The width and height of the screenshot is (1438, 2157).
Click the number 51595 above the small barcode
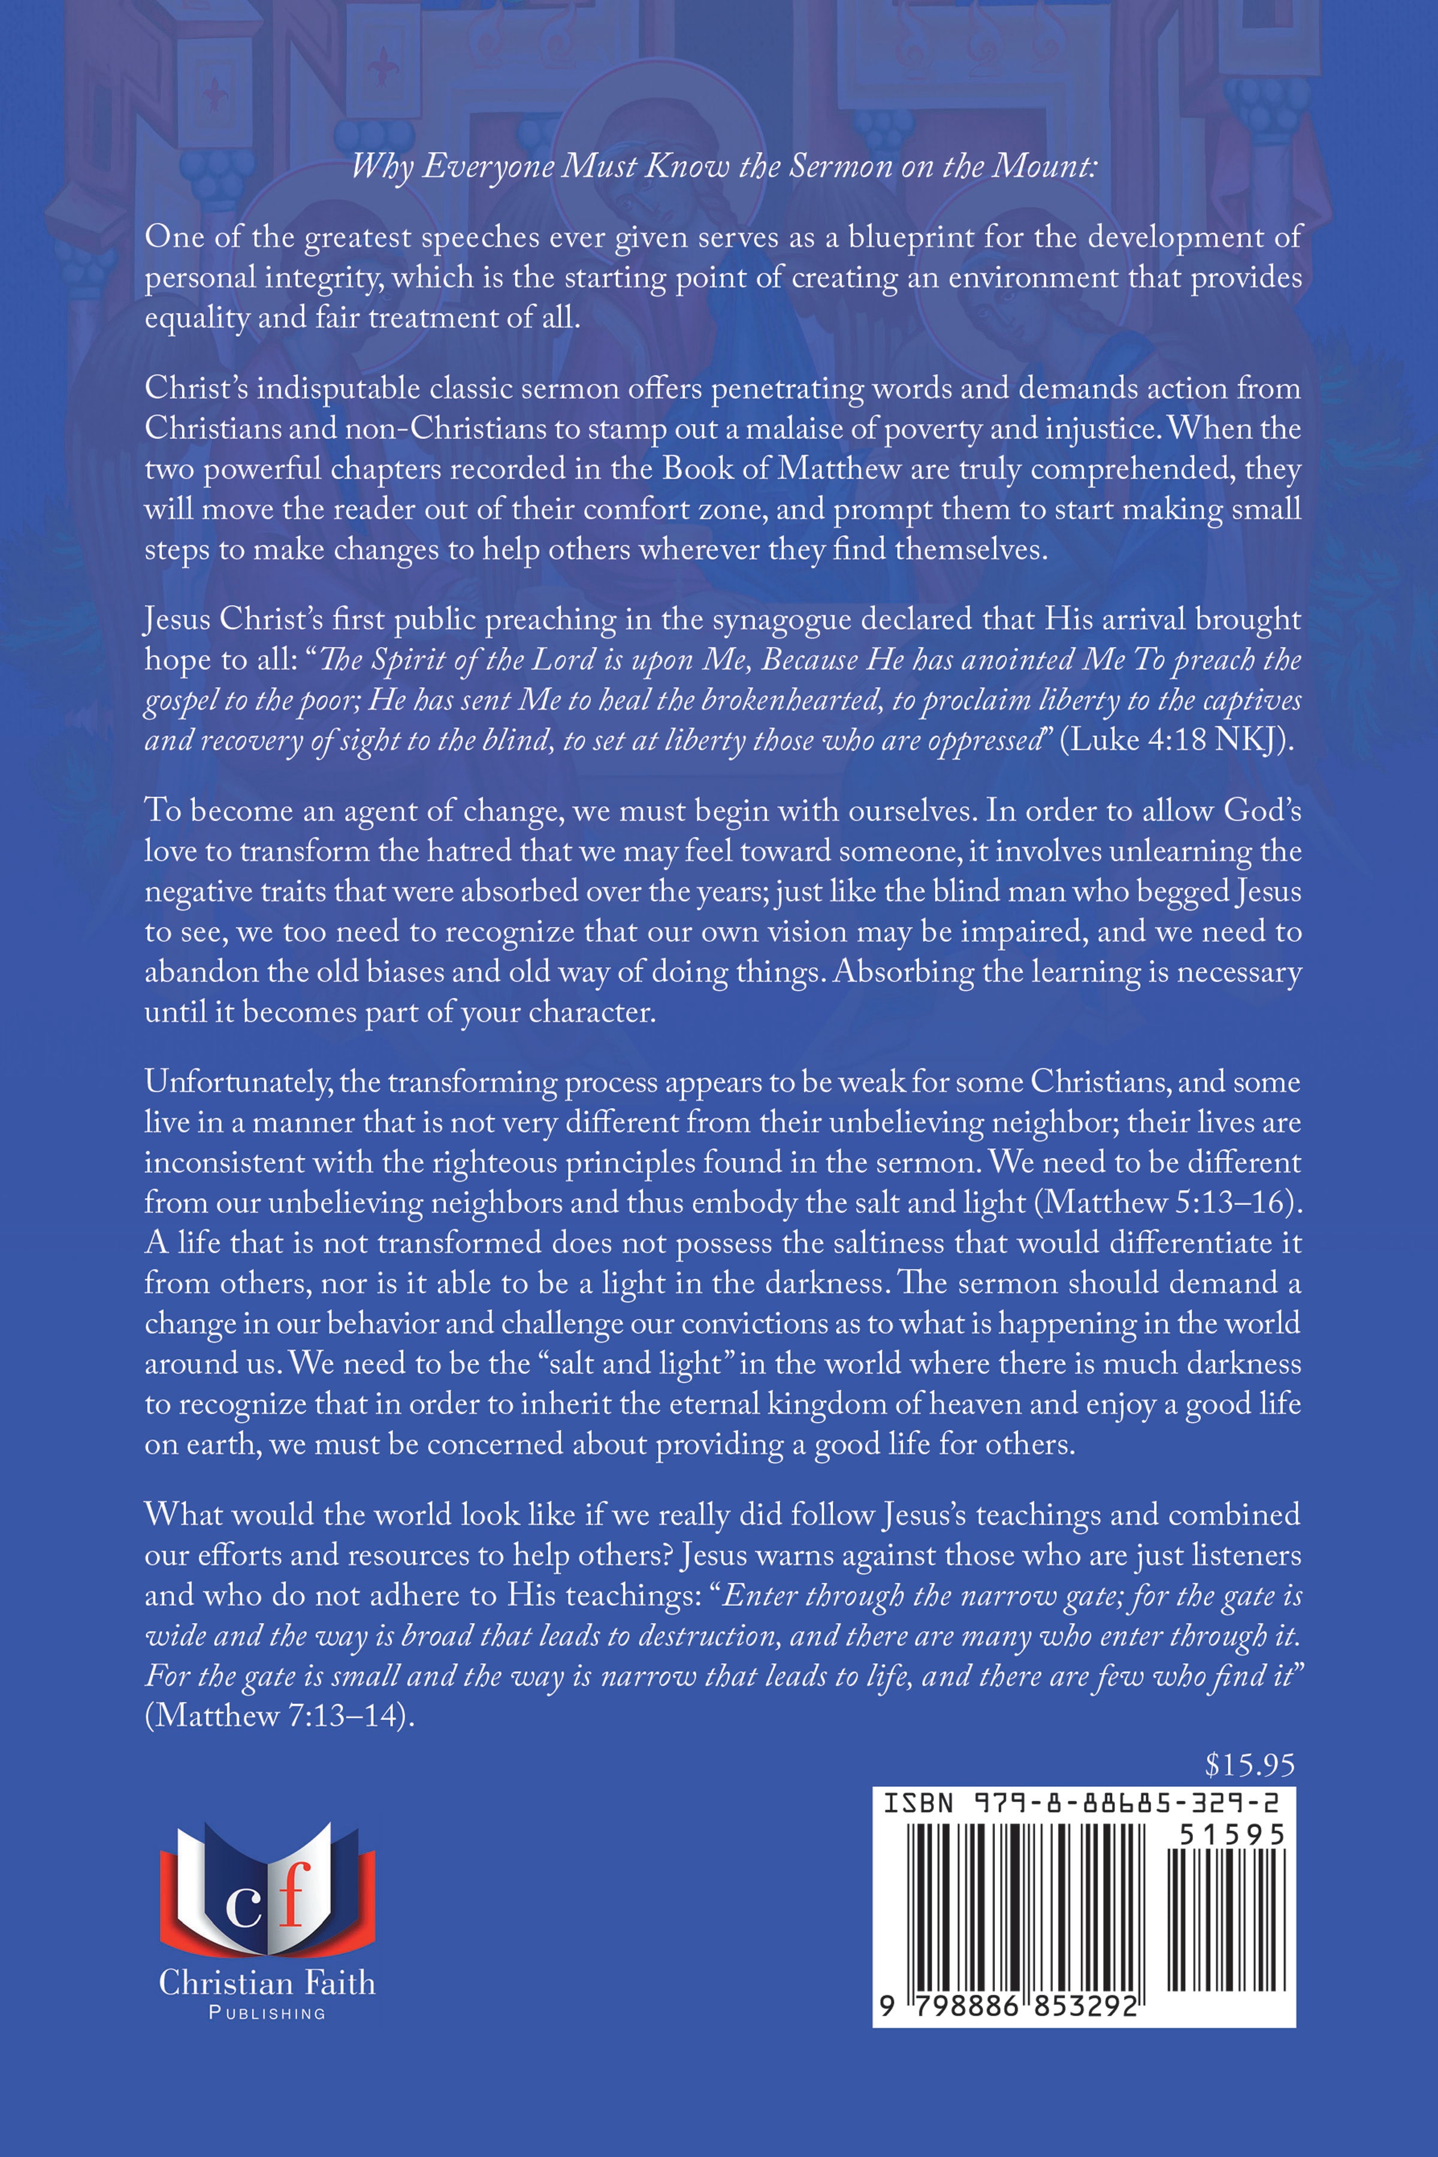[1232, 1834]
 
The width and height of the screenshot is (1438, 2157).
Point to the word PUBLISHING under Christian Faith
[267, 2013]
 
